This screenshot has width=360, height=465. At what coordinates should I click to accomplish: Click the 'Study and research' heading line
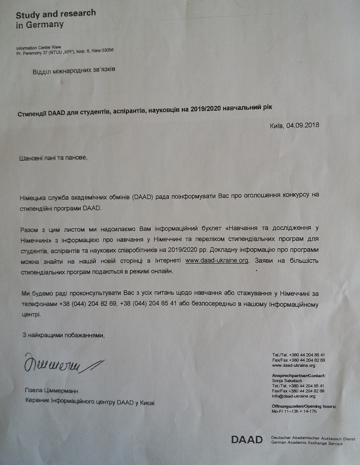click(56, 13)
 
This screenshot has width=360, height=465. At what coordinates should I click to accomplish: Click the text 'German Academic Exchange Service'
click(306, 444)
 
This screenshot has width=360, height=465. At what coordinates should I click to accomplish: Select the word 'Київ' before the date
click(276, 125)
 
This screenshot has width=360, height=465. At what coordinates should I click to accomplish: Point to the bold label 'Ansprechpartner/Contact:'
click(298, 376)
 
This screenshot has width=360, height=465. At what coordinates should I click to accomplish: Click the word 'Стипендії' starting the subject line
click(36, 107)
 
